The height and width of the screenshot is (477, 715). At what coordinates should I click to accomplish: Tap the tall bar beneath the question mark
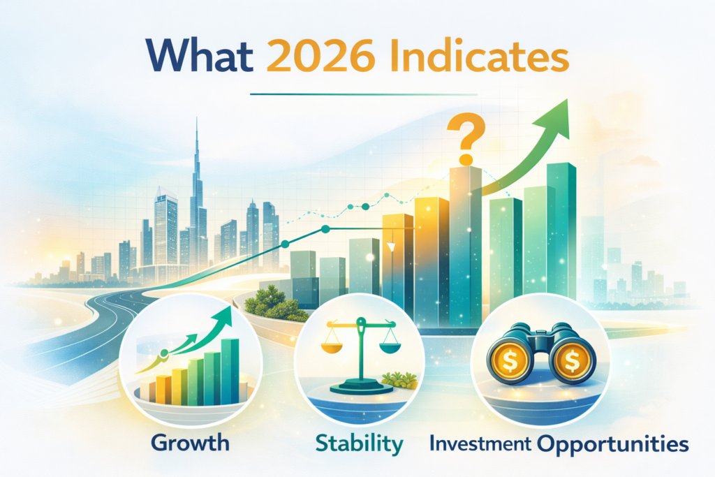(x=464, y=244)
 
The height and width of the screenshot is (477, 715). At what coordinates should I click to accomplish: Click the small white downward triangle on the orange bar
(x=392, y=247)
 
